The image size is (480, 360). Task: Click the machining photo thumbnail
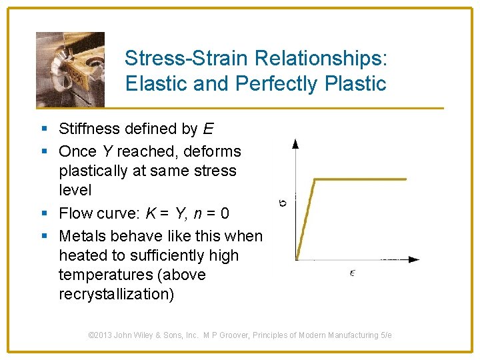click(x=70, y=69)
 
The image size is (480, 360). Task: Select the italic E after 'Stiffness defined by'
click(x=209, y=129)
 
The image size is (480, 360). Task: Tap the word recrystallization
click(x=116, y=294)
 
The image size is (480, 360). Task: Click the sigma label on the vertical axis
click(x=283, y=199)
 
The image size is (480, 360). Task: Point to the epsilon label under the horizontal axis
click(x=352, y=273)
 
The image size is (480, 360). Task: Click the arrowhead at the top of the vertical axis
click(x=296, y=143)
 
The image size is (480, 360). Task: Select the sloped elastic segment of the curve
click(x=305, y=219)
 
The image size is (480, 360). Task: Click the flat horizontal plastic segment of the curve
click(x=360, y=179)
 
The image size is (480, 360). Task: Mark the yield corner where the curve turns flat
click(x=315, y=179)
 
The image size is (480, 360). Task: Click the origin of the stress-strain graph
click(x=296, y=259)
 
